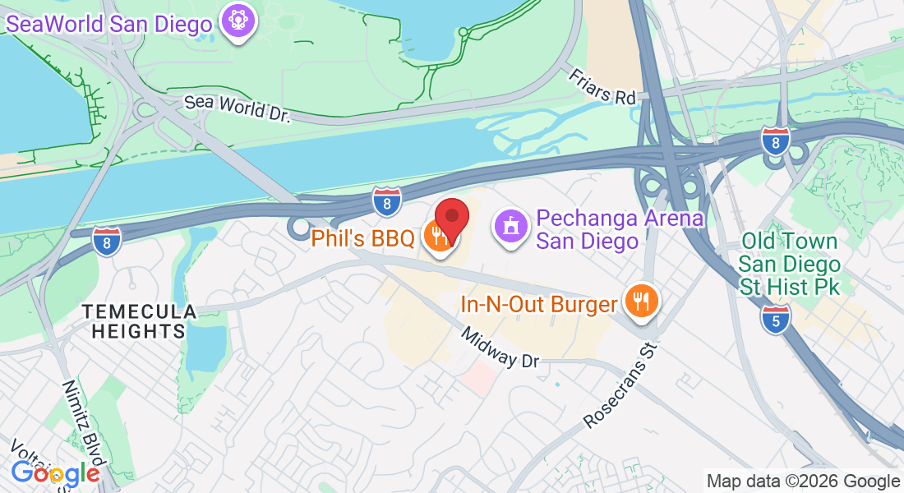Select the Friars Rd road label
click(602, 86)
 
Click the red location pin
click(451, 219)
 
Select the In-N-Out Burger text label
click(538, 305)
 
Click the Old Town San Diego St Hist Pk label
click(789, 265)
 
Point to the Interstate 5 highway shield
click(776, 319)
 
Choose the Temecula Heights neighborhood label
click(138, 321)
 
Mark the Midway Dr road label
click(500, 348)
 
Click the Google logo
click(55, 473)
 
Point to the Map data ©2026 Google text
click(803, 481)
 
